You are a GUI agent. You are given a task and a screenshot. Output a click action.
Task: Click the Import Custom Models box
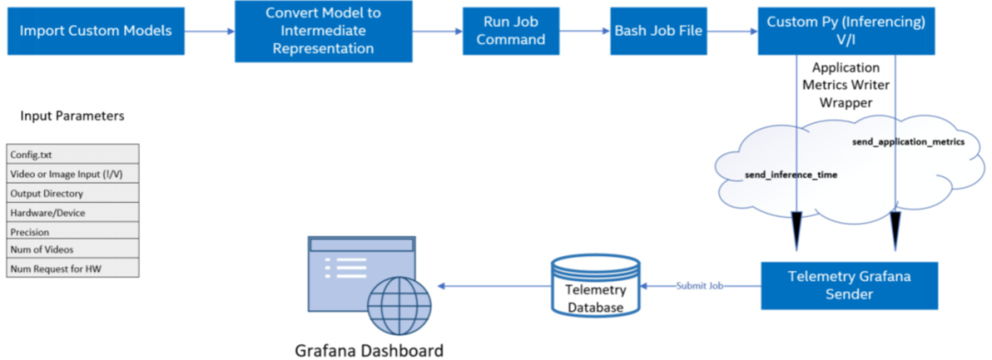pos(96,31)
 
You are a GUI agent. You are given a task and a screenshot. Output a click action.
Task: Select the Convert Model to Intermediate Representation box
pos(320,31)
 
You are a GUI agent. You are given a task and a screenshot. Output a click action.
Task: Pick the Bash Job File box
pos(659,31)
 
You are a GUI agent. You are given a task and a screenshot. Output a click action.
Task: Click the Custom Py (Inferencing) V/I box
pos(848,31)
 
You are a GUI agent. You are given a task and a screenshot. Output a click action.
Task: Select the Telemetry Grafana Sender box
pos(849,285)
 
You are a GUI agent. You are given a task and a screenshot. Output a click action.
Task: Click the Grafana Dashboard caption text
pos(368,350)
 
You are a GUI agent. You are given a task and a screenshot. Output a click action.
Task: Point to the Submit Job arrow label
pos(699,286)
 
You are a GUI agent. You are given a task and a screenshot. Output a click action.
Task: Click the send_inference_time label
pos(777,174)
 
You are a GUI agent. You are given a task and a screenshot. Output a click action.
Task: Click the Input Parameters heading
pos(72,117)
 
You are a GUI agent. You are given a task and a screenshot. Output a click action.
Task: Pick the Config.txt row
pos(73,154)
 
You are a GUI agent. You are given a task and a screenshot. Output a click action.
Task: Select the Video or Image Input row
pos(73,174)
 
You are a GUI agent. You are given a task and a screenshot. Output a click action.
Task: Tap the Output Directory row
pos(73,194)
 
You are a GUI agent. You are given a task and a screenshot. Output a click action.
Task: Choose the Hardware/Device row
pos(73,213)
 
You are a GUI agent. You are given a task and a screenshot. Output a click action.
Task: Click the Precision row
pos(73,232)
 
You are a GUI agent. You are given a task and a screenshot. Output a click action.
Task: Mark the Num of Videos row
pos(73,250)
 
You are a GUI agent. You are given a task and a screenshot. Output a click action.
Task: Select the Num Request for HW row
pos(73,268)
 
